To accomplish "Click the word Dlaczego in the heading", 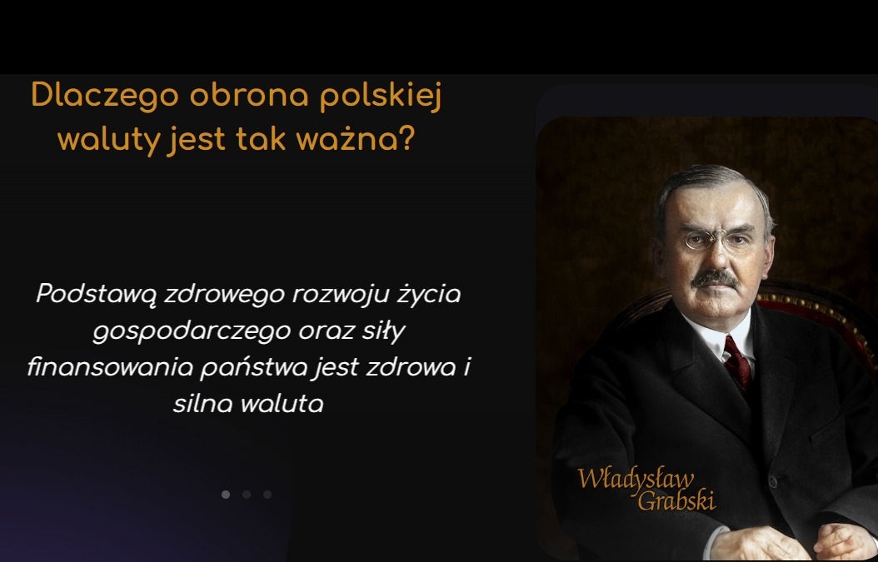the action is (105, 96).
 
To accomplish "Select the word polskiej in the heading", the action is (381, 97).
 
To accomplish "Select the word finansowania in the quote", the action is (110, 367).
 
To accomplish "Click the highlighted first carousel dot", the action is (226, 495).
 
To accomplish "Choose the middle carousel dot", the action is (247, 495).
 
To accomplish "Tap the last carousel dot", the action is (267, 495).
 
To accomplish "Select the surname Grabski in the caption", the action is (676, 500).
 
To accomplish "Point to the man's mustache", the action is (715, 278).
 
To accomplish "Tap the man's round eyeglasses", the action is (716, 239).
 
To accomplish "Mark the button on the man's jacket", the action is (773, 482).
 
